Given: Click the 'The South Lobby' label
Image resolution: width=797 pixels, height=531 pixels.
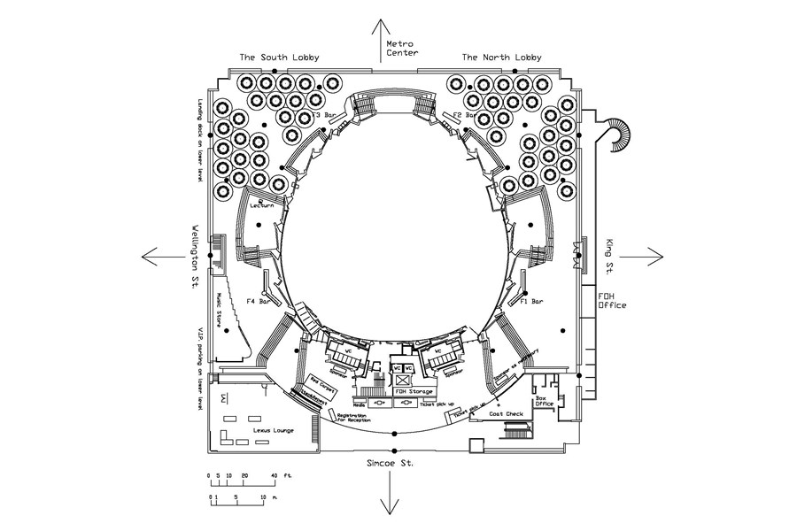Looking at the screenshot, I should (x=279, y=58).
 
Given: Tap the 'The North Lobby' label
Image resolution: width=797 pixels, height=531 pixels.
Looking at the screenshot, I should (x=502, y=58).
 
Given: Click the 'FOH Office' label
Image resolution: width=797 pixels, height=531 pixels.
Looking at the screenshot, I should (x=612, y=300).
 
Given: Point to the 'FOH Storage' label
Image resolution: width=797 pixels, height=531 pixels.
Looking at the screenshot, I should (x=414, y=390).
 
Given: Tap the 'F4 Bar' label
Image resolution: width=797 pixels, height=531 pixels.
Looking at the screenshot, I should (x=258, y=302).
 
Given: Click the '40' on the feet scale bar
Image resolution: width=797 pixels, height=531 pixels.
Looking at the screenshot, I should (x=274, y=476).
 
